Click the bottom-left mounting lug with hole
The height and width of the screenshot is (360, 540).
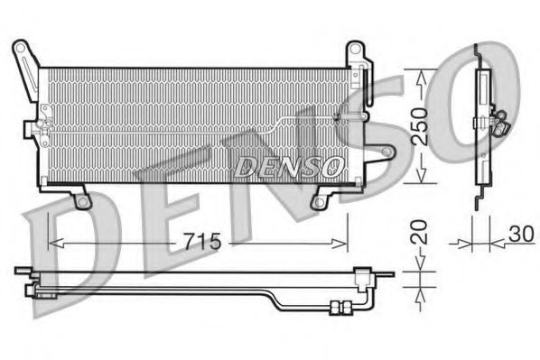82,199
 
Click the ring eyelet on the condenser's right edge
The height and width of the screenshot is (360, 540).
386,152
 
